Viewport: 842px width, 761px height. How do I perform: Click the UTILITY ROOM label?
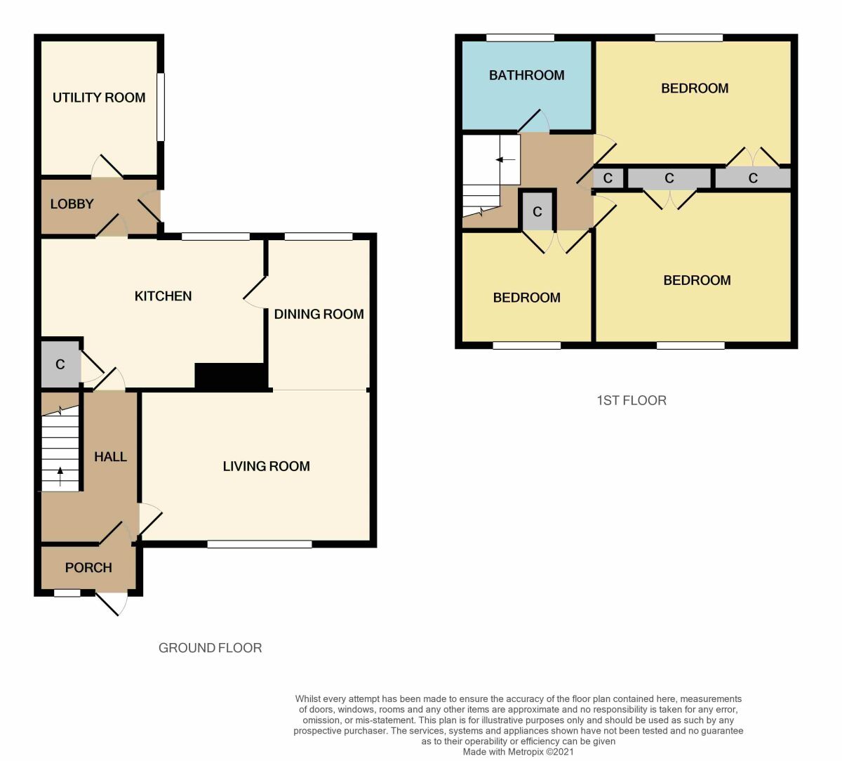coord(99,98)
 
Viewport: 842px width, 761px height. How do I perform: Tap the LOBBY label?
coord(72,204)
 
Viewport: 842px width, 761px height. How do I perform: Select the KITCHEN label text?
coord(163,296)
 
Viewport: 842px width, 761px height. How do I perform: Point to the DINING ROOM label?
coord(319,315)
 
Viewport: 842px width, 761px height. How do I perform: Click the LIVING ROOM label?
coord(266,466)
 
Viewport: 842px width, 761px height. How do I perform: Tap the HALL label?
coord(110,457)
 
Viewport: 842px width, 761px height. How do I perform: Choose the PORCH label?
coord(88,568)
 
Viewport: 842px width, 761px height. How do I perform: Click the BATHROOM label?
coord(526,75)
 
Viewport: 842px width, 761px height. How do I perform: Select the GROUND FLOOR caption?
coord(210,648)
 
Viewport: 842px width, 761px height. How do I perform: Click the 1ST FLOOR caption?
coord(631,401)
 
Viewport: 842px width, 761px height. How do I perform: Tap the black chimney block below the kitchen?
coord(231,376)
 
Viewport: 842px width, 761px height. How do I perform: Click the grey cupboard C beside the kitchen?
coord(60,364)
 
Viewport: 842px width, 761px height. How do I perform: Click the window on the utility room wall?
coord(161,107)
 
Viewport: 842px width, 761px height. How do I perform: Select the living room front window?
coord(260,543)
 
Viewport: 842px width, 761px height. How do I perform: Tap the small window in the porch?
coord(67,593)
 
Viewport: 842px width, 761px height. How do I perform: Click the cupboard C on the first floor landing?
coord(537,211)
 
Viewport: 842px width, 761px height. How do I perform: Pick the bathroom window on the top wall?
coord(520,38)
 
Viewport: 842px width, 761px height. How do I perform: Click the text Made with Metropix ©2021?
coord(518,751)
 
